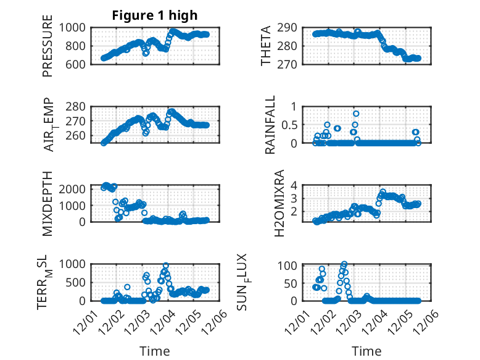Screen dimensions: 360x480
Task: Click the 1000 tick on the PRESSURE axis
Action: click(75, 27)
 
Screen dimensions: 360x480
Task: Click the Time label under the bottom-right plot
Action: click(366, 351)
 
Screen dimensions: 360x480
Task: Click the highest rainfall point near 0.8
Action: click(356, 114)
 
